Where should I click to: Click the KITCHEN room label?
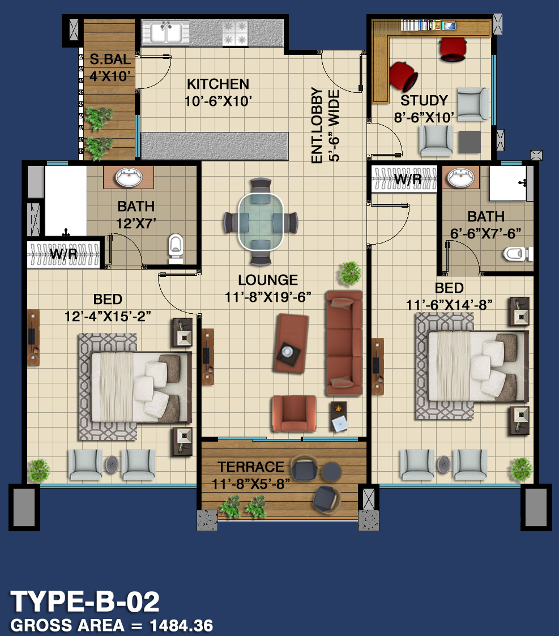[218, 84]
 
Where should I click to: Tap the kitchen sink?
[166, 32]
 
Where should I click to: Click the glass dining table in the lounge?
[261, 222]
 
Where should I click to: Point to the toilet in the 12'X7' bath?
[176, 248]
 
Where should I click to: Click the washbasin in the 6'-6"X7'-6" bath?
[460, 178]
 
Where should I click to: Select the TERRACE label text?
[251, 467]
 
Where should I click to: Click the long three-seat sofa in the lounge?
[344, 343]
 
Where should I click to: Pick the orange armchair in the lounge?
[294, 413]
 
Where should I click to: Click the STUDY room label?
[424, 100]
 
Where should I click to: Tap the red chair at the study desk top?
[453, 49]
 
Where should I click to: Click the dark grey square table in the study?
[470, 142]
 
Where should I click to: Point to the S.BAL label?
[110, 59]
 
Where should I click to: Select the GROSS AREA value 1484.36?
[181, 625]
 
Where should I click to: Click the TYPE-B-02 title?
[85, 601]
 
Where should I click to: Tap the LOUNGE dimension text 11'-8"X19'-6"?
[268, 297]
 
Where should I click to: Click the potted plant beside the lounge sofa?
[350, 273]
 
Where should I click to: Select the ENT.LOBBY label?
[317, 125]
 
